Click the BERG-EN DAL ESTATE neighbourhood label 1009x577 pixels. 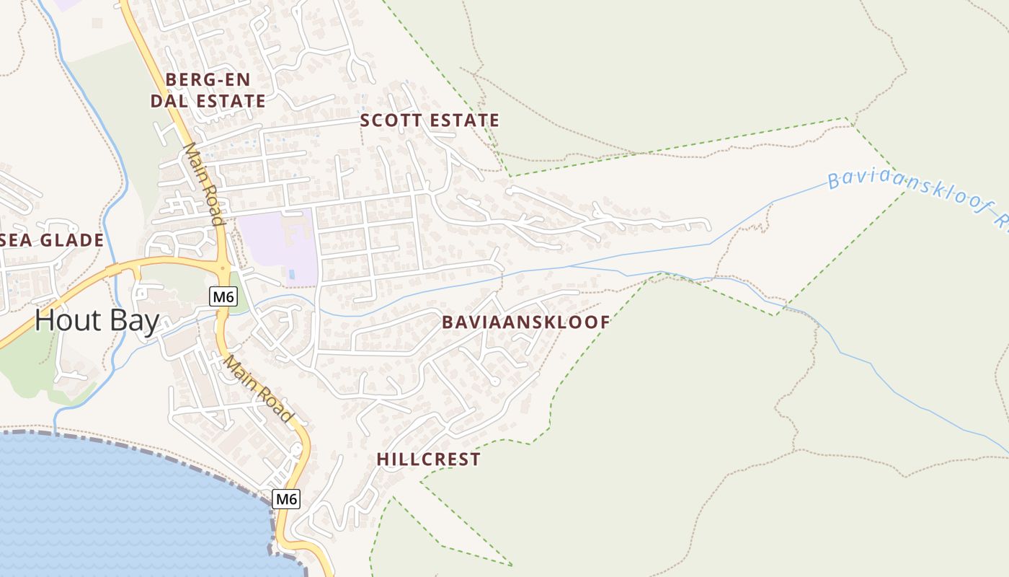coord(208,90)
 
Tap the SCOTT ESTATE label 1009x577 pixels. coord(430,120)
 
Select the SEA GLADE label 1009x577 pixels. coord(52,241)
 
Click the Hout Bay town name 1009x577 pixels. coord(97,321)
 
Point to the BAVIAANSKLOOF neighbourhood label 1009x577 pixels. coord(526,322)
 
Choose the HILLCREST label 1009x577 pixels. coord(428,459)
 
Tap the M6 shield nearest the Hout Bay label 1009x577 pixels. coord(224,296)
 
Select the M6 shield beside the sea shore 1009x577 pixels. coord(286,498)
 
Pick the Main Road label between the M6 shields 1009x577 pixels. coord(258,389)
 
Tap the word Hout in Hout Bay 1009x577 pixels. coord(65,321)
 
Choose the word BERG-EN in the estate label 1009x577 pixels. coord(208,79)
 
